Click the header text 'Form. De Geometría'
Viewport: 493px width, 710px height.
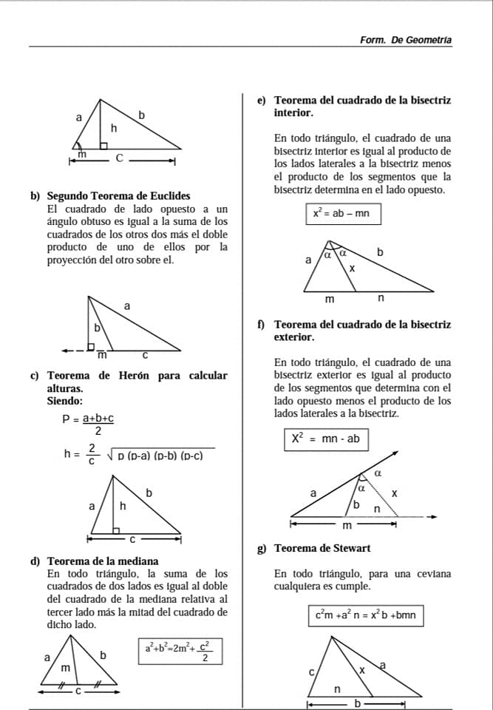click(405, 40)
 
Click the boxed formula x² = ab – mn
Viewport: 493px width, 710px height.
click(343, 213)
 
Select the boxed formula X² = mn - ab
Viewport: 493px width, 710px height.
click(325, 439)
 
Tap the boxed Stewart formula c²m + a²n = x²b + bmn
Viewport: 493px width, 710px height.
click(365, 615)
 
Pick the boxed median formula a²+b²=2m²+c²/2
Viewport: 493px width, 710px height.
click(180, 651)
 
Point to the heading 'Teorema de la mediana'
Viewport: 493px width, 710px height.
click(103, 561)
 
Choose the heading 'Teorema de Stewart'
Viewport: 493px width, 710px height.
click(322, 548)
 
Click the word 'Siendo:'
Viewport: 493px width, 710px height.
click(65, 401)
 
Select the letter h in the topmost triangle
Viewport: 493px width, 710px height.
click(114, 128)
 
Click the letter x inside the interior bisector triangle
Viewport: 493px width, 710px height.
click(352, 268)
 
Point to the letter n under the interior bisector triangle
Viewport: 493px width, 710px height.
click(381, 299)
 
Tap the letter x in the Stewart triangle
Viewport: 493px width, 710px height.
click(361, 669)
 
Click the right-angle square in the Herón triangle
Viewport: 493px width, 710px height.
click(117, 529)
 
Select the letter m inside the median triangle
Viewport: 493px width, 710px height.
click(65, 668)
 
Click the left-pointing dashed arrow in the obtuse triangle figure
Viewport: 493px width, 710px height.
click(72, 351)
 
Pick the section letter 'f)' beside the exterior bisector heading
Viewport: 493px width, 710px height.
click(262, 324)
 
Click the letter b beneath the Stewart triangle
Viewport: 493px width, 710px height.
click(358, 703)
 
